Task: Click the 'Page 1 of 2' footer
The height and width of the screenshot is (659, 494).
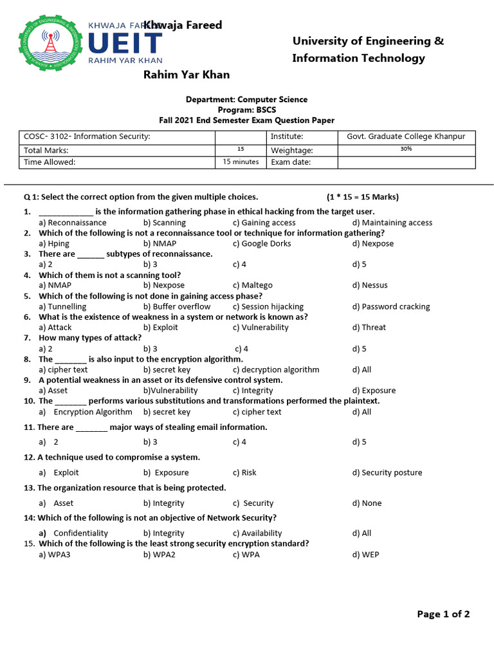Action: [443, 614]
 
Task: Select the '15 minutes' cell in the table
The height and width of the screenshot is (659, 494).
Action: [241, 162]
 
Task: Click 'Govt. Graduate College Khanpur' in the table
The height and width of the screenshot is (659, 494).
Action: [406, 136]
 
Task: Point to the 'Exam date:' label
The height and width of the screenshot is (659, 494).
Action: [291, 162]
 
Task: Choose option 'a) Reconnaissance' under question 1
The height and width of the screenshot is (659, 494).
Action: [73, 223]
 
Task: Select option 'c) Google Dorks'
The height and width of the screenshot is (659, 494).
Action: [262, 243]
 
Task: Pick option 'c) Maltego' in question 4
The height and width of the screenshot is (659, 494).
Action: [253, 285]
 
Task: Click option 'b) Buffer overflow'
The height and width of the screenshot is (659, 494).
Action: [177, 306]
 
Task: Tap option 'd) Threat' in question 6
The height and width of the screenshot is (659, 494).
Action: [369, 327]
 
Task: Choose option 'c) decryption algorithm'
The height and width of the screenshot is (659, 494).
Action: [276, 369]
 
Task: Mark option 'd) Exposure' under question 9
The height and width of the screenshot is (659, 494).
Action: [374, 390]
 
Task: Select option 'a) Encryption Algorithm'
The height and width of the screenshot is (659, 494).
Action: [86, 412]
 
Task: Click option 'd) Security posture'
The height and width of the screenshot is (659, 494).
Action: [387, 472]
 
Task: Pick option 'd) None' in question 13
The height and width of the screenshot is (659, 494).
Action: [367, 503]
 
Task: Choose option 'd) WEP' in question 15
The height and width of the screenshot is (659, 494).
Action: [365, 554]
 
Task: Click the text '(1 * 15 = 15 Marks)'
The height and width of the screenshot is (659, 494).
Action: [362, 197]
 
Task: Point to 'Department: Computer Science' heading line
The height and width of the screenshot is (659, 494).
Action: [246, 100]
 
